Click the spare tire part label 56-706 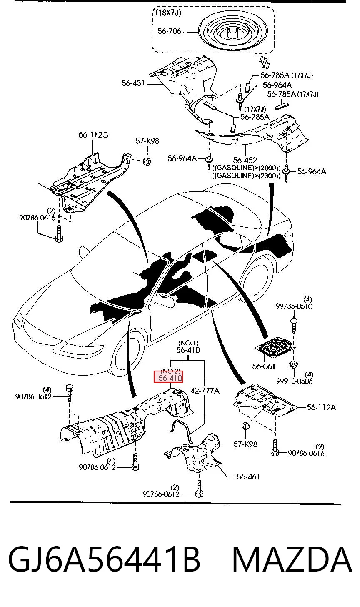point(169,31)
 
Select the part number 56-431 point(133,83)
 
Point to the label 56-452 point(245,160)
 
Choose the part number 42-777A point(205,391)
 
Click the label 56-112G point(93,135)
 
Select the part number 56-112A point(322,407)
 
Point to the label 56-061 point(264,366)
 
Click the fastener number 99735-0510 point(294,306)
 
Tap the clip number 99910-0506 point(295,381)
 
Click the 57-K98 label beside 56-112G point(147,141)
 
